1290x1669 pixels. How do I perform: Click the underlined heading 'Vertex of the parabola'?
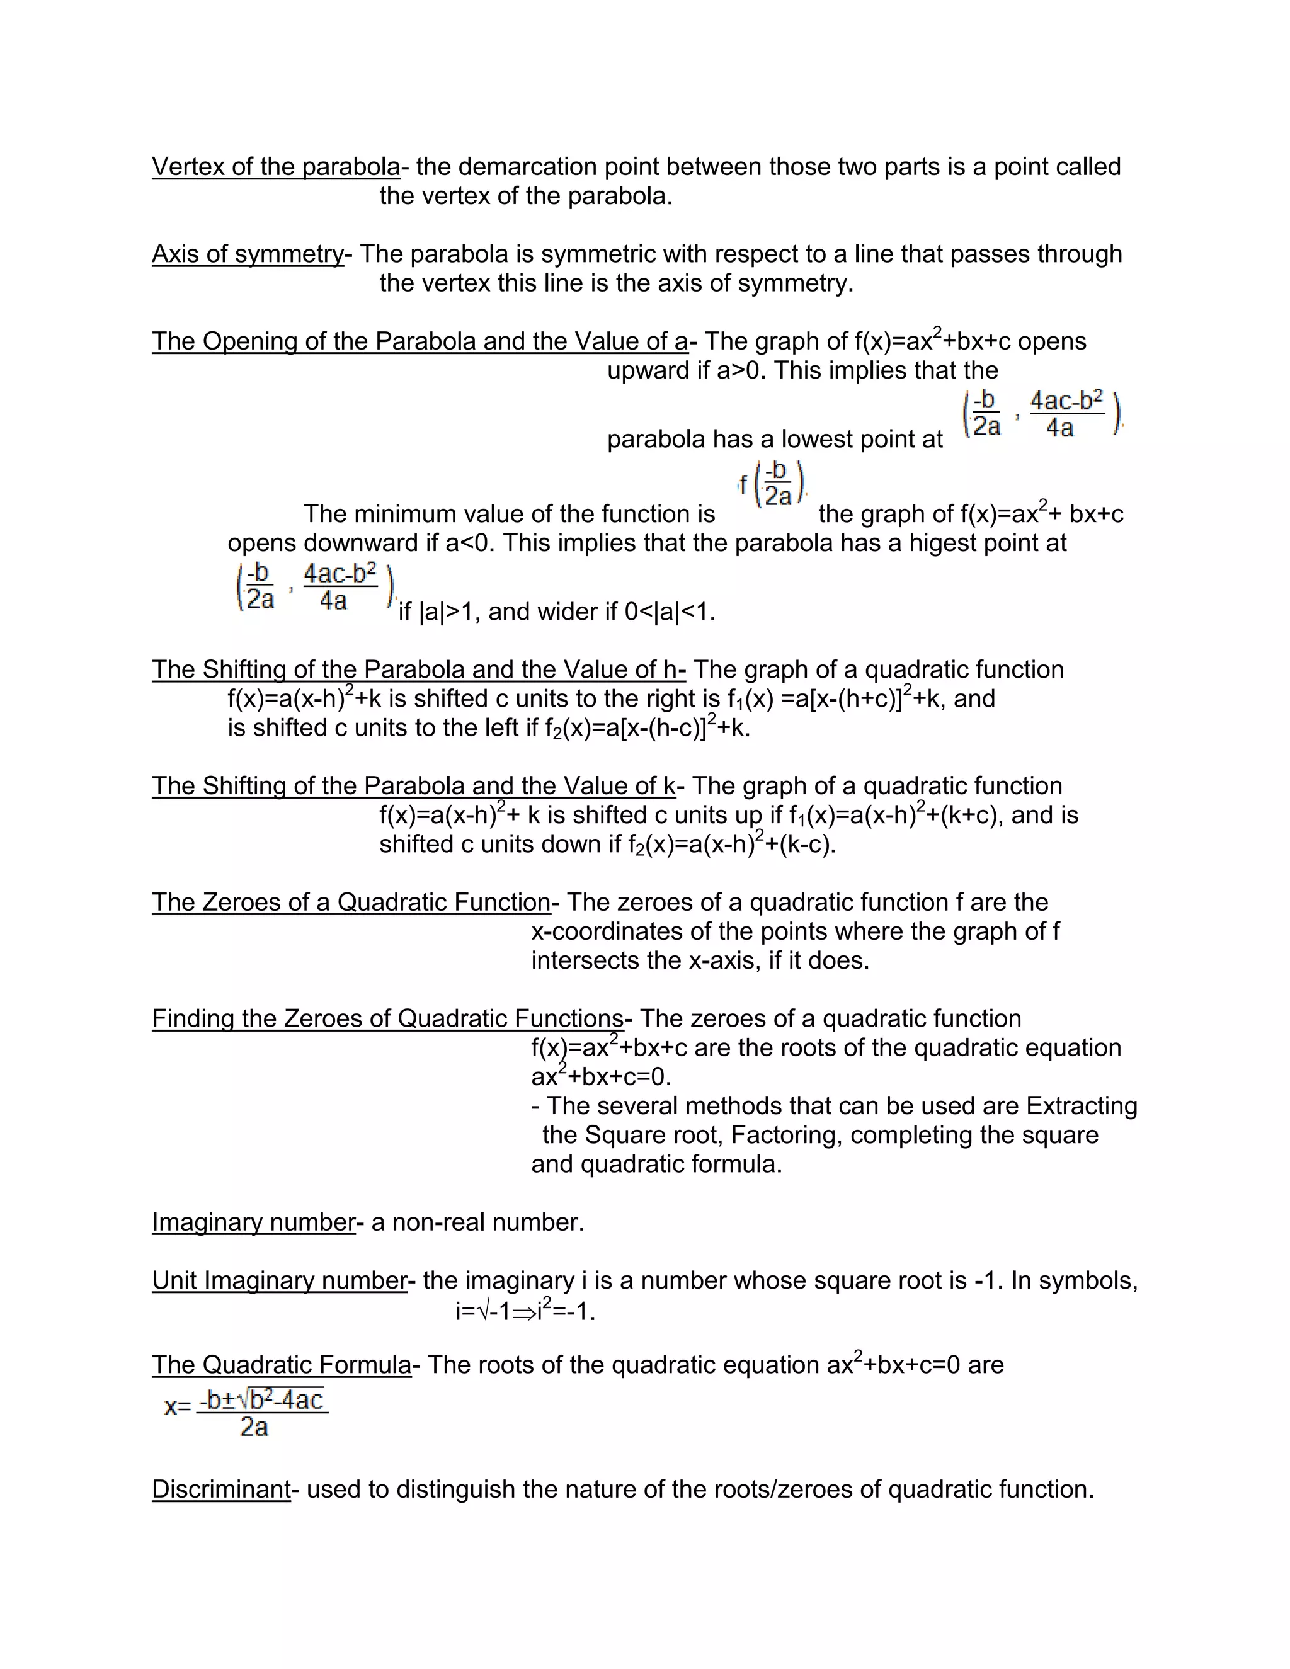click(276, 167)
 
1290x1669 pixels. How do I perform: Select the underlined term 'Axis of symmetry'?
click(248, 254)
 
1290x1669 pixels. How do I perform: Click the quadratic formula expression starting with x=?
click(246, 1412)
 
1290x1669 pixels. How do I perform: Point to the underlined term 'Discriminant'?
click(221, 1489)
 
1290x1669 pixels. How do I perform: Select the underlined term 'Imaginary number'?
click(253, 1222)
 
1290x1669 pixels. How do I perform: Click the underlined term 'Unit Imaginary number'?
click(279, 1280)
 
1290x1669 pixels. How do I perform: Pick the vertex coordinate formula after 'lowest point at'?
click(1042, 415)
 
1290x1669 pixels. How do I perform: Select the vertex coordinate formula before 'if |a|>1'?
click(316, 587)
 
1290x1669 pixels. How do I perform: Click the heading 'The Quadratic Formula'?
click(281, 1365)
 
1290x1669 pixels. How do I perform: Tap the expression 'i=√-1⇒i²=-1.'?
click(525, 1311)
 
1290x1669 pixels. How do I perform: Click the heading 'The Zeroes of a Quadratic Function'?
click(351, 902)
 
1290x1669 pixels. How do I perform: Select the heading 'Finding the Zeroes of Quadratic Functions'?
click(387, 1018)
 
